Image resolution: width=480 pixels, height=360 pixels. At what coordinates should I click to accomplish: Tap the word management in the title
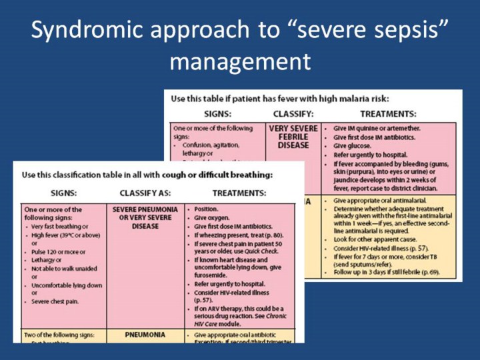pos(239,63)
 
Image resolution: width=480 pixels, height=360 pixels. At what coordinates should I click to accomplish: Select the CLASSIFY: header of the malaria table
pos(293,114)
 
